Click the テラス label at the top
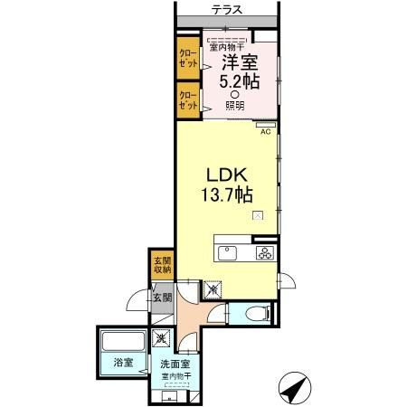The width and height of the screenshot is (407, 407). [x=226, y=10]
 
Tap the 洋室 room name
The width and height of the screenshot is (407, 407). [x=240, y=62]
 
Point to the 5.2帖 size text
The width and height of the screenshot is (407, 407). [x=240, y=81]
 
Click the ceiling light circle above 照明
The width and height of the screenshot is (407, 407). [x=235, y=95]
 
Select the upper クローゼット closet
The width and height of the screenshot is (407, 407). [x=188, y=58]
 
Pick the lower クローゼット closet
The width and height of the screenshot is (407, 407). [x=188, y=100]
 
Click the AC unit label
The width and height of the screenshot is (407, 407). [x=265, y=132]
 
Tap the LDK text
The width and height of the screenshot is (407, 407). [x=227, y=175]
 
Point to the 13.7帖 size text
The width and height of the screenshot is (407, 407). [x=227, y=194]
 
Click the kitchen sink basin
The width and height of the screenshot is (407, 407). [x=227, y=253]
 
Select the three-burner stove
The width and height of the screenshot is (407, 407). [x=265, y=253]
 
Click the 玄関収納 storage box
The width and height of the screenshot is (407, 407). [x=163, y=265]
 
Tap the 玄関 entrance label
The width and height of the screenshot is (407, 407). [x=163, y=298]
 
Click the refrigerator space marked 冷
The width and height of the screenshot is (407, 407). [x=213, y=289]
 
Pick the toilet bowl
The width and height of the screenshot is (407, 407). [x=258, y=314]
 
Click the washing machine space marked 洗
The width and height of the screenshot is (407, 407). [x=161, y=338]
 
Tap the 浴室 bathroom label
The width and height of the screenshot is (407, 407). [x=123, y=363]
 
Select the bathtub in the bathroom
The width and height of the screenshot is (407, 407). [x=123, y=341]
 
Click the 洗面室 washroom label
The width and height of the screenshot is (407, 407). [x=175, y=364]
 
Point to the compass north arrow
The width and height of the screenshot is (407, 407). [x=295, y=388]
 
